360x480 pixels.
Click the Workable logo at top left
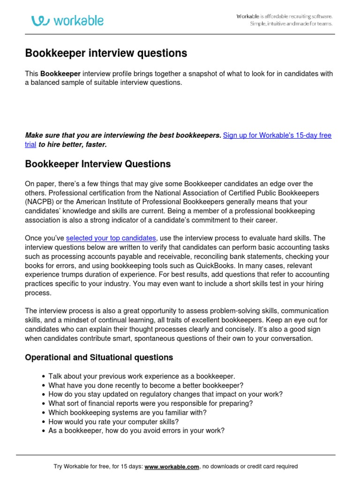[67, 21]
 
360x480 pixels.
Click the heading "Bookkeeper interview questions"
[106, 53]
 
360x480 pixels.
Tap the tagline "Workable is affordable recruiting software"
[285, 16]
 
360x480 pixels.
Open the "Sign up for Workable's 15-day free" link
[277, 135]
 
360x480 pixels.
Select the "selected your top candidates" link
[111, 239]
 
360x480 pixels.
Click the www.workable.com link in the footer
[172, 466]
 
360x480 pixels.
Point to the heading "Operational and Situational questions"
[98, 358]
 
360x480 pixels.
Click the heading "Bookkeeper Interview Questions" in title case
[97, 164]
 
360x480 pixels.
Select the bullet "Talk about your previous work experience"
[142, 376]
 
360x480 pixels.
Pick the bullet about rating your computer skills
[113, 421]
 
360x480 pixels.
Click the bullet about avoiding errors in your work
[136, 430]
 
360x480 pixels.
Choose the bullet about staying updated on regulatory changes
[165, 394]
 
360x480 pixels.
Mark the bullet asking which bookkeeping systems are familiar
[127, 412]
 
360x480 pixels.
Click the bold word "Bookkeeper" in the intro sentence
[60, 74]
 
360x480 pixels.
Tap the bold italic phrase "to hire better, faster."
[73, 145]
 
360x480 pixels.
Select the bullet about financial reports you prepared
[150, 403]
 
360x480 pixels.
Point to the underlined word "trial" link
[30, 145]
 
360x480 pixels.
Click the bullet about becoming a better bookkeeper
[146, 385]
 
